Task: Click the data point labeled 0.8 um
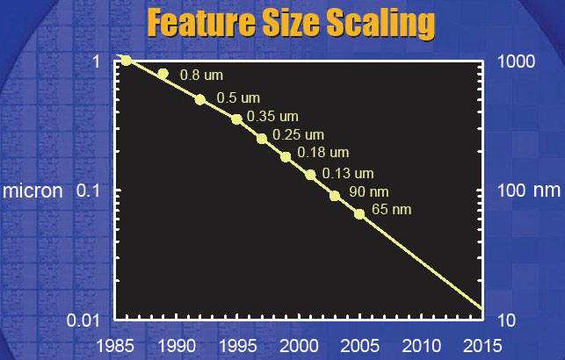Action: pos(163,74)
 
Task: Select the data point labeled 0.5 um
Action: pos(200,100)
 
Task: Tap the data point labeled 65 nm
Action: pos(359,214)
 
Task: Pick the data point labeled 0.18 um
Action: pos(286,157)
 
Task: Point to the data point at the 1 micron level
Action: pos(127,60)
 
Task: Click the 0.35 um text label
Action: pos(272,116)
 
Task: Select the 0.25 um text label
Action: pos(299,134)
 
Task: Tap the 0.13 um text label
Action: pos(348,174)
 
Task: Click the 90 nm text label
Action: pos(369,191)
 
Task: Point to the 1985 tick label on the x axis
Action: pos(115,346)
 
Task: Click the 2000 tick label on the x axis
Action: pos(299,346)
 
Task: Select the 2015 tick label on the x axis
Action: pos(482,346)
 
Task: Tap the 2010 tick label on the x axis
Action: pos(422,346)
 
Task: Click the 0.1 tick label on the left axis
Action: pos(88,190)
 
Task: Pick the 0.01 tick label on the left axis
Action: pos(83,320)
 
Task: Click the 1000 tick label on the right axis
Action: pos(517,61)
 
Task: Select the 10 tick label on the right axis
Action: pos(507,320)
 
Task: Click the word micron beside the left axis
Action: pos(33,191)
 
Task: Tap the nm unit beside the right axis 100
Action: pos(547,191)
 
